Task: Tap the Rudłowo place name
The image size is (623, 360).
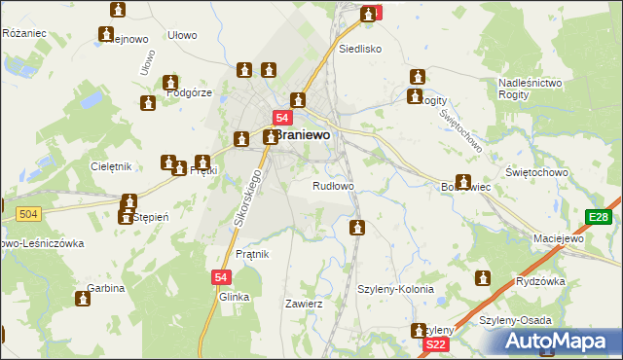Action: pos(332,185)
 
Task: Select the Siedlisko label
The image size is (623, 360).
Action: pos(359,48)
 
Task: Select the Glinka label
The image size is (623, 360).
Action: pos(235,297)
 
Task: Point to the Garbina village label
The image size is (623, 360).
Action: pos(106,289)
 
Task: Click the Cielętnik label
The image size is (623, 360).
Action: pos(109,166)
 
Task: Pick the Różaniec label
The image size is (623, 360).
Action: pos(24,33)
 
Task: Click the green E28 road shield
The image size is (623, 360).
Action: pos(598,217)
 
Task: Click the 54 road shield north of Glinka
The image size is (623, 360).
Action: pos(219,277)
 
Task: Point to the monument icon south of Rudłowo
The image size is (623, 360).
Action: pos(357,228)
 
